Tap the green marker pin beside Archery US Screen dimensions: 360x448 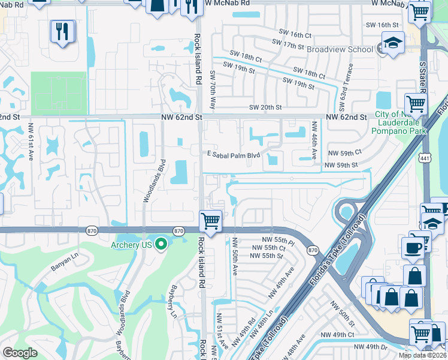pos(161,244)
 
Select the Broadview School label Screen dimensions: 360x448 pos(339,50)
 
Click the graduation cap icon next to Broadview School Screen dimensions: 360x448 pos(392,43)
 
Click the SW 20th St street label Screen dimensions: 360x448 pos(265,107)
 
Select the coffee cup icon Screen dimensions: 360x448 pos(413,248)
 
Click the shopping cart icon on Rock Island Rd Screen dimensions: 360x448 pos(210,221)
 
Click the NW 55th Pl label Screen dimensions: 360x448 pos(281,239)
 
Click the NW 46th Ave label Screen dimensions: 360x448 pos(314,140)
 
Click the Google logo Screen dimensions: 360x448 pos(20,353)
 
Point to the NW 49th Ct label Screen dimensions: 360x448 pos(337,334)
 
